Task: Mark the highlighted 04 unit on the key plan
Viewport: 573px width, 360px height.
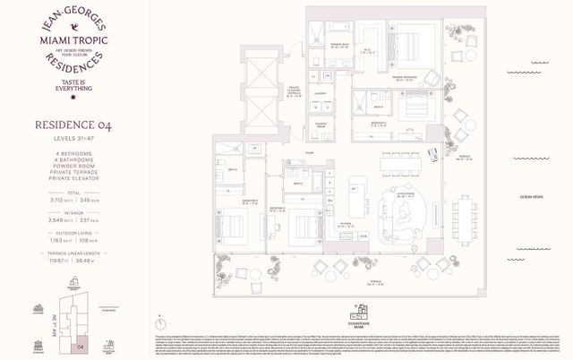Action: [x=81, y=344]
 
